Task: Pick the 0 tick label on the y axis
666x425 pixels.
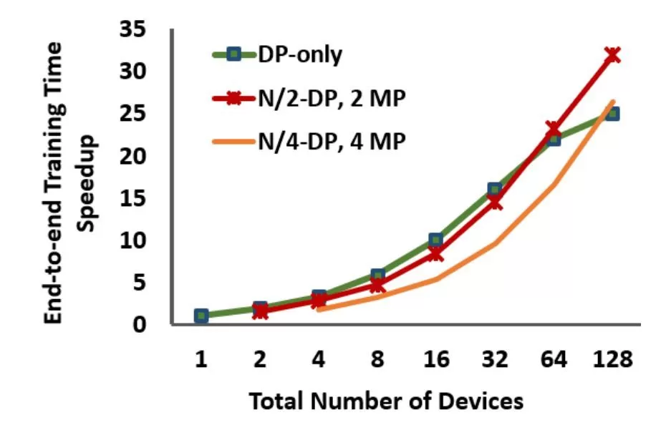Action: coord(141,324)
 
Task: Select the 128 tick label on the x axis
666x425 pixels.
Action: coord(612,359)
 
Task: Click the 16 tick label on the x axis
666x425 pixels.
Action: coord(436,359)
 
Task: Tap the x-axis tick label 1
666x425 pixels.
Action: coord(201,359)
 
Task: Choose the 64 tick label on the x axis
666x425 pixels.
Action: coord(554,359)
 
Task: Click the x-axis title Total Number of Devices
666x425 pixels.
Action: coord(386,401)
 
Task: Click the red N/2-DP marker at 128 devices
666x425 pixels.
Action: coord(612,54)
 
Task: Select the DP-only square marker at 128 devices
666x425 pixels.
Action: coord(612,114)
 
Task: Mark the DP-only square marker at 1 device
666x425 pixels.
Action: coord(201,316)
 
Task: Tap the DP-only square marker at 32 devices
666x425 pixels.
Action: coord(495,190)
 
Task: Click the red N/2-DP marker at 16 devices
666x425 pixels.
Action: coord(436,253)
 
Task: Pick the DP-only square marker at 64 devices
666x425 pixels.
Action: coord(554,138)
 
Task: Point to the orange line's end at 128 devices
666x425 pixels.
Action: coord(612,102)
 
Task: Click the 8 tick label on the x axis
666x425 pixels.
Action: coord(377,359)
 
